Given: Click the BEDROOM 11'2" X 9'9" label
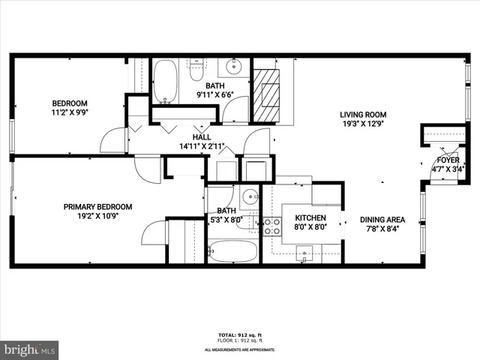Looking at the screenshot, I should [70, 108].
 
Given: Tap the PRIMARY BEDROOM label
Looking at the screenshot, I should [97, 211].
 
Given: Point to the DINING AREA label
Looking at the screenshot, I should [382, 224].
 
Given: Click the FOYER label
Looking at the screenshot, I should [448, 165].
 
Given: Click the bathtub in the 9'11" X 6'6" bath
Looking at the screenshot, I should [165, 81].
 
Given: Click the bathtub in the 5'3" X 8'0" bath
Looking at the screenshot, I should [232, 250].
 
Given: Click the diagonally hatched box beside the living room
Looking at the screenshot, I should [265, 94].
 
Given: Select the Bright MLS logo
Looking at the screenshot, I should [30, 349].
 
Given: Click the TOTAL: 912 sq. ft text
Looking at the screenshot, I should [241, 335].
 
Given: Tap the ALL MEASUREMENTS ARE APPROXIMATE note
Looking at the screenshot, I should [241, 349].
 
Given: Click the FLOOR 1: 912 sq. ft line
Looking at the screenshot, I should [241, 342].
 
